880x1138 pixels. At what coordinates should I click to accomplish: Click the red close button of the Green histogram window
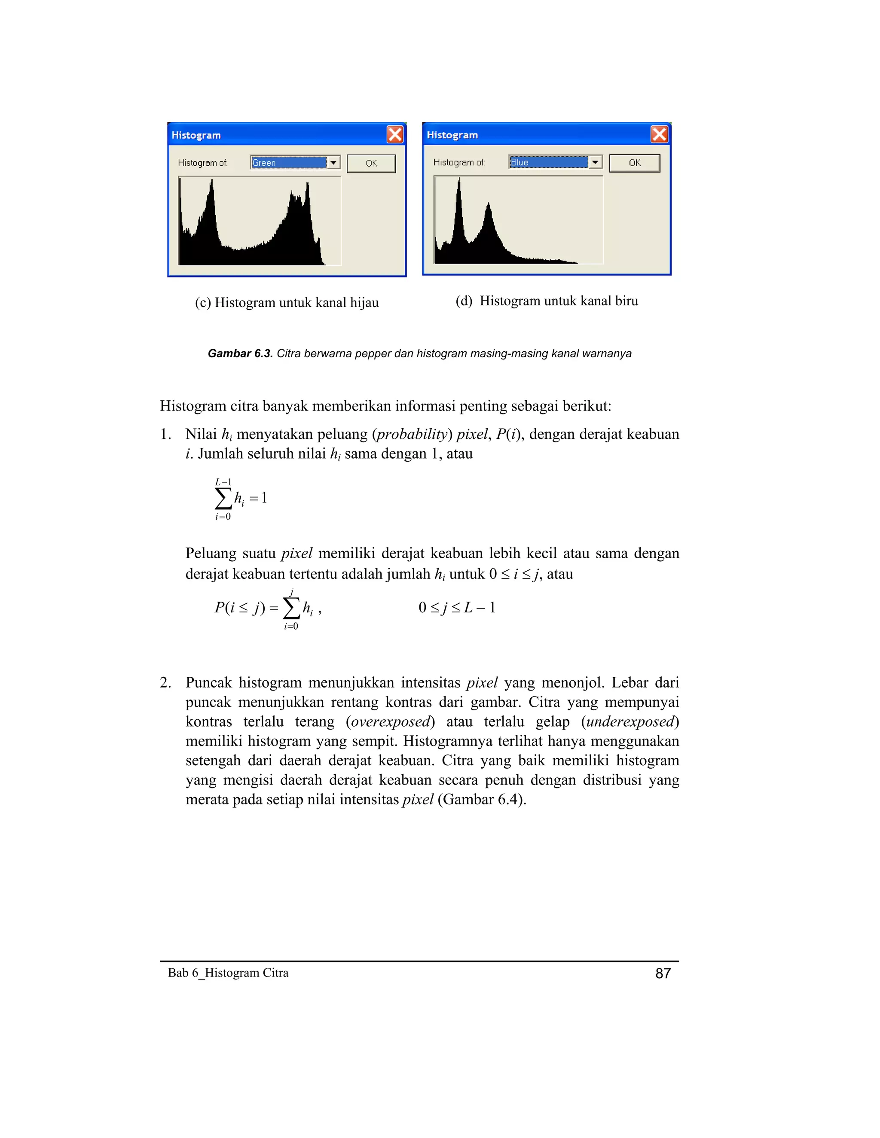394,134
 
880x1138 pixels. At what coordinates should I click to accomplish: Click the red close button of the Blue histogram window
660,134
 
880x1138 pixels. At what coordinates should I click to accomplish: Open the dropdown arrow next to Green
333,163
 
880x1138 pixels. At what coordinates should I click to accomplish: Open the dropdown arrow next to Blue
595,162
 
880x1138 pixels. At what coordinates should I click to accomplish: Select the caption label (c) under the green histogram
203,303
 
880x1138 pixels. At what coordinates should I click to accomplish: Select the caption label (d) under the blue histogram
464,301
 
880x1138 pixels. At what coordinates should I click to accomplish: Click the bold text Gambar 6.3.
240,353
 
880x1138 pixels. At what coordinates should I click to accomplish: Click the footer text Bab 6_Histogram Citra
228,972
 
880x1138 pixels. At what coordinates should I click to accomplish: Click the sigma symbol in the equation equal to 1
223,499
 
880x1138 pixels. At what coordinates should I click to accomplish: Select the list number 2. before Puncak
165,683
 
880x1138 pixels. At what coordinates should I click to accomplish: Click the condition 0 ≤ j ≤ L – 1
457,608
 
